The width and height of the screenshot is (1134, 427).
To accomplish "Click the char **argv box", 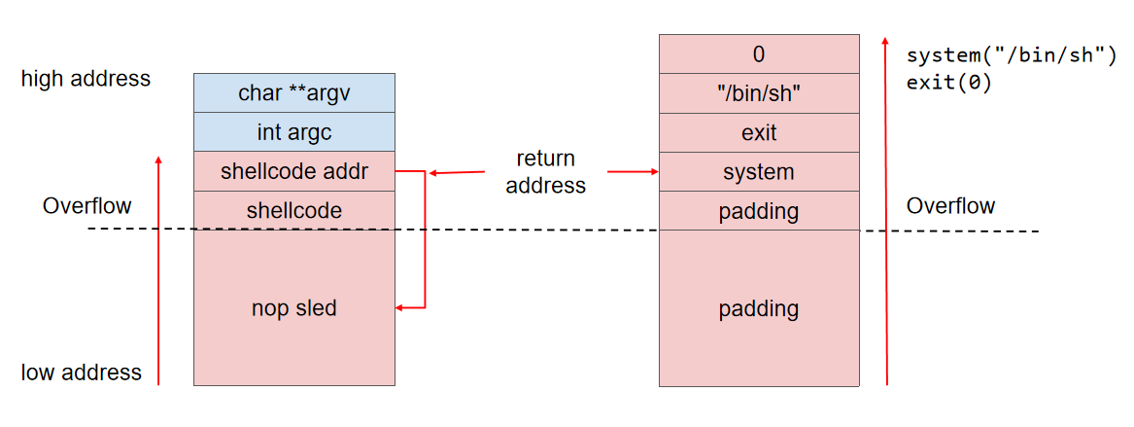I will pyautogui.click(x=294, y=93).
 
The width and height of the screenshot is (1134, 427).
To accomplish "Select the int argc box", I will pyautogui.click(x=294, y=132).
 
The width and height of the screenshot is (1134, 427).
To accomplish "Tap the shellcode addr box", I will pyautogui.click(x=294, y=172).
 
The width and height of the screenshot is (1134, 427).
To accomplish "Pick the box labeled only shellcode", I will pyautogui.click(x=294, y=211).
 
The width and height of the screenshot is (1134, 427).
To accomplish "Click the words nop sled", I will pyautogui.click(x=294, y=309).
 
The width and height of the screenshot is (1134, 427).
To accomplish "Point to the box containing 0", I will pyautogui.click(x=759, y=54).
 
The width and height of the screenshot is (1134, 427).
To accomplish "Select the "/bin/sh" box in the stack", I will pyautogui.click(x=759, y=93).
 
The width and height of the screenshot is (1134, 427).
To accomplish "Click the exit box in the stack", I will pyautogui.click(x=759, y=132).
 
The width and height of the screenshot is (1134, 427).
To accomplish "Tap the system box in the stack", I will pyautogui.click(x=759, y=172).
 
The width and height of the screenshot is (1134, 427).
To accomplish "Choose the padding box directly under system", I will pyautogui.click(x=759, y=211).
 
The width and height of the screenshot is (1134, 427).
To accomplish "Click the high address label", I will pyautogui.click(x=86, y=79).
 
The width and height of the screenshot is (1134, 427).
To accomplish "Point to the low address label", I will pyautogui.click(x=82, y=373).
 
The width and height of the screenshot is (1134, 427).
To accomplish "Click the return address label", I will pyautogui.click(x=545, y=172).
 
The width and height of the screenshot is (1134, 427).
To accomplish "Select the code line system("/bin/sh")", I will pyautogui.click(x=1012, y=54).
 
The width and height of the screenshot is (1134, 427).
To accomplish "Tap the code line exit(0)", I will pyautogui.click(x=948, y=83).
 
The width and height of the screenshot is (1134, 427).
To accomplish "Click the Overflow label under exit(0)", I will pyautogui.click(x=950, y=206).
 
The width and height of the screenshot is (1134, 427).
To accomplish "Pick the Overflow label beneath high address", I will pyautogui.click(x=86, y=206).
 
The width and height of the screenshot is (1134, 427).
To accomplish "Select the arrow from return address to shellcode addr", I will pyautogui.click(x=457, y=173).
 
